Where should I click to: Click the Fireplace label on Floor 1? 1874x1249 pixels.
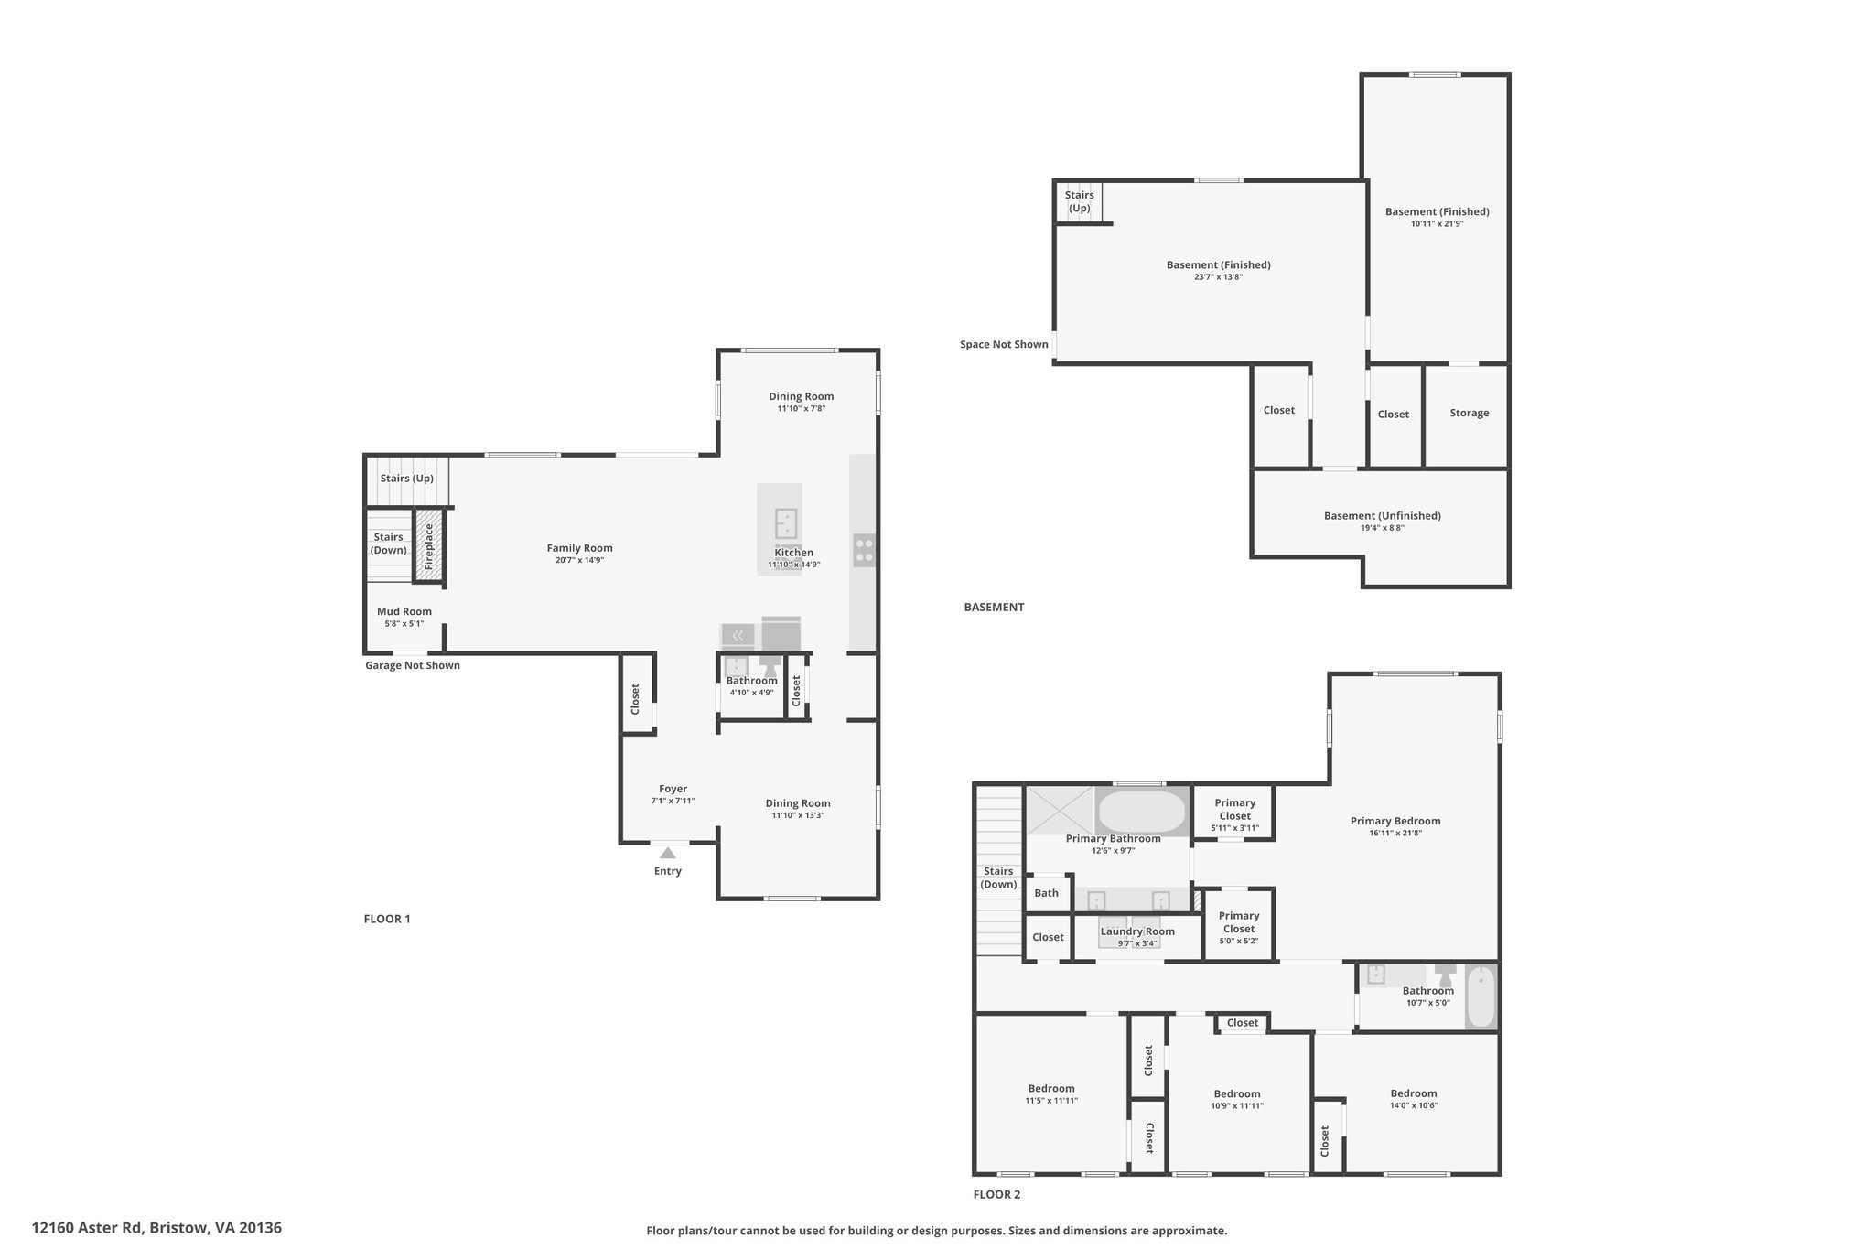pyautogui.click(x=429, y=546)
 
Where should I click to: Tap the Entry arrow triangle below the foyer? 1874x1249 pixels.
pyautogui.click(x=668, y=853)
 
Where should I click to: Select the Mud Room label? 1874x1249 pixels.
pyautogui.click(x=404, y=611)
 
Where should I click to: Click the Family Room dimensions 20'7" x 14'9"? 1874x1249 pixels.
pyautogui.click(x=579, y=560)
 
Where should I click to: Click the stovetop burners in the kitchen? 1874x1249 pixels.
pyautogui.click(x=864, y=550)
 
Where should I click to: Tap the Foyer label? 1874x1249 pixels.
pyautogui.click(x=673, y=789)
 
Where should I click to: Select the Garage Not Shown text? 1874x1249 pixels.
pyautogui.click(x=413, y=665)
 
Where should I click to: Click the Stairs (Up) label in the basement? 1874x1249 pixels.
pyautogui.click(x=1080, y=201)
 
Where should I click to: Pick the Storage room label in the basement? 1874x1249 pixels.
pyautogui.click(x=1470, y=413)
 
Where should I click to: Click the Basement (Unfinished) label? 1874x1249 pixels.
pyautogui.click(x=1383, y=515)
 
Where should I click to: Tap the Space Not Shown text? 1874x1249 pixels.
pyautogui.click(x=1004, y=344)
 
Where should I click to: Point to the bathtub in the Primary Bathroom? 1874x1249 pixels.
pyautogui.click(x=1141, y=810)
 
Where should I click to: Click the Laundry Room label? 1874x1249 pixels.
pyautogui.click(x=1137, y=931)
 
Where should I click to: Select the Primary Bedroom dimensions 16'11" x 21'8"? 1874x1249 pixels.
pyautogui.click(x=1395, y=833)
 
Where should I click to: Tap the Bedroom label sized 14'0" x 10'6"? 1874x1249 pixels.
pyautogui.click(x=1414, y=1093)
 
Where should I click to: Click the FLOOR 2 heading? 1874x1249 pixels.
pyautogui.click(x=996, y=1194)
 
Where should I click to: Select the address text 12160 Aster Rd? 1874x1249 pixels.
pyautogui.click(x=87, y=1228)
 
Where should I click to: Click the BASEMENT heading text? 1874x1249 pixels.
pyautogui.click(x=994, y=607)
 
